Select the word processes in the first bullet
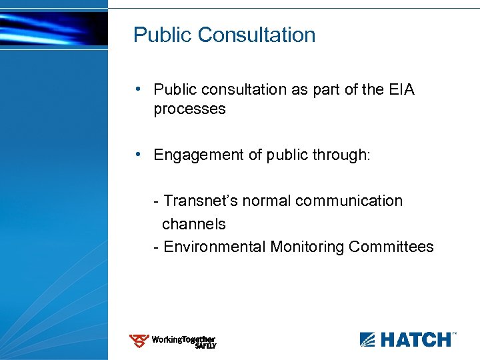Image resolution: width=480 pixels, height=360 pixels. point(189,109)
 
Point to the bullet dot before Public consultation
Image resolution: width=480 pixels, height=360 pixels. point(136,89)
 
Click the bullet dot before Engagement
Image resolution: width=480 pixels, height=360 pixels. point(136,154)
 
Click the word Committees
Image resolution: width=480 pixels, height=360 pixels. point(391,247)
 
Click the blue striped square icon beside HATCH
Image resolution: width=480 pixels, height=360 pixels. point(368,339)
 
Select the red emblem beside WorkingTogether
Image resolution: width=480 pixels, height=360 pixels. point(139,341)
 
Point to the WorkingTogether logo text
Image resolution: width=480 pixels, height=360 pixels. point(183,339)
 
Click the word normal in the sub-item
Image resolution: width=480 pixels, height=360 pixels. point(263,201)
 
